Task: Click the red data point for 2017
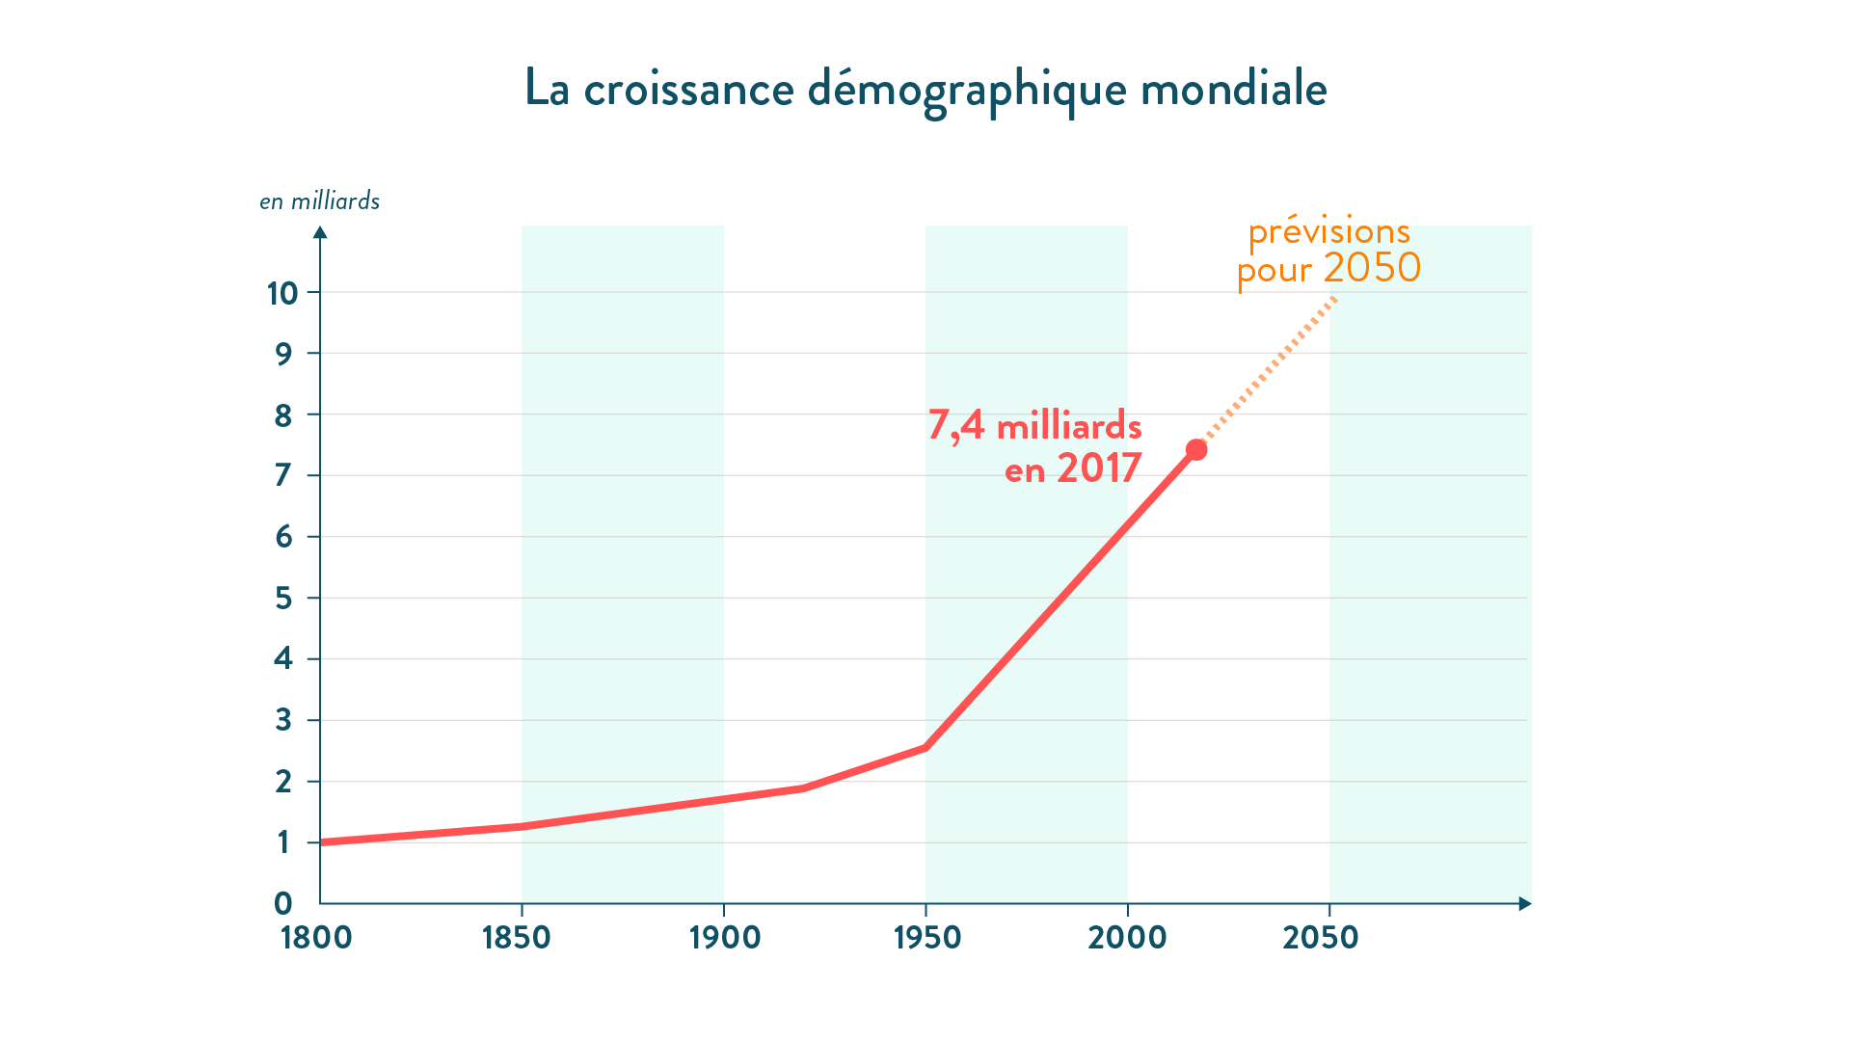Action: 1196,450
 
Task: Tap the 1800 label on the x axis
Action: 316,937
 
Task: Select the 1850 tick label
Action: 517,937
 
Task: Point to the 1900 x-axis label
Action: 725,937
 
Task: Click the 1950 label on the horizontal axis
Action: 927,937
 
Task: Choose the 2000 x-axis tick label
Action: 1127,937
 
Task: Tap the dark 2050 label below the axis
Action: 1320,937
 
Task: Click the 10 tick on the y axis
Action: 282,293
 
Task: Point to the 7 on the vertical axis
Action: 282,475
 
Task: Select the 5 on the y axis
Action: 282,599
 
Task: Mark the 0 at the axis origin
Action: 282,903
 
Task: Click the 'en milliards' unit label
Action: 319,200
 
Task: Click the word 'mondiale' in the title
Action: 1233,89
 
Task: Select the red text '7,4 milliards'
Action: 1034,426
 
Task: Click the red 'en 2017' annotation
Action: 1073,468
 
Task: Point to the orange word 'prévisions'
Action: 1328,232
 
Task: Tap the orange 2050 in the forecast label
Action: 1372,268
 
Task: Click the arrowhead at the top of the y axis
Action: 320,232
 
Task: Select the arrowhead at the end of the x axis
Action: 1524,903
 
